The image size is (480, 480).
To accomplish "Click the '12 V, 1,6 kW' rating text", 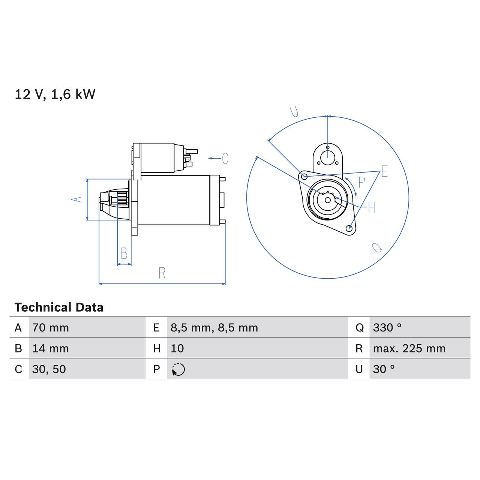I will (55, 94).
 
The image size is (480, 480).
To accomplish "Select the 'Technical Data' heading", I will (59, 307).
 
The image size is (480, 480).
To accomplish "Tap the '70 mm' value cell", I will (51, 328).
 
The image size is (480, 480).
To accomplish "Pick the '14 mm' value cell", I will (51, 348).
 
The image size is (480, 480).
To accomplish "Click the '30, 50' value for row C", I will (49, 369).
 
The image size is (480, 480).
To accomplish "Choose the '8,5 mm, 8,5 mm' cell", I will (214, 328).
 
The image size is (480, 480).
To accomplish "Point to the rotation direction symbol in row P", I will (178, 369).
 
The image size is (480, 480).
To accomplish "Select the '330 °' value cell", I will (387, 328).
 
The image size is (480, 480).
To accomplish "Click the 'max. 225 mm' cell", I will (409, 348).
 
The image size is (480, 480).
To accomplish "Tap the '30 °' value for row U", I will (384, 369).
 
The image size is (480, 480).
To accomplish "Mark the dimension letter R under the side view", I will (162, 273).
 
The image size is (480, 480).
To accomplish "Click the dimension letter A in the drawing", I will (77, 199).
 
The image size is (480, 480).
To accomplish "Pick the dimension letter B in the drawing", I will (124, 253).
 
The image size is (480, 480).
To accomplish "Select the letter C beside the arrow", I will (225, 158).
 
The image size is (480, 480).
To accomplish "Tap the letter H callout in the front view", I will (371, 207).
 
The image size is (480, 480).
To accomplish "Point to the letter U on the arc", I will (294, 111).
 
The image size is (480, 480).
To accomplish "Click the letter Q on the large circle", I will (377, 247).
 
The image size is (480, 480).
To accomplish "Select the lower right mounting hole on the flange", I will (349, 228).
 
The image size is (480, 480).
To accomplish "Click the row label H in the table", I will (157, 348).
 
